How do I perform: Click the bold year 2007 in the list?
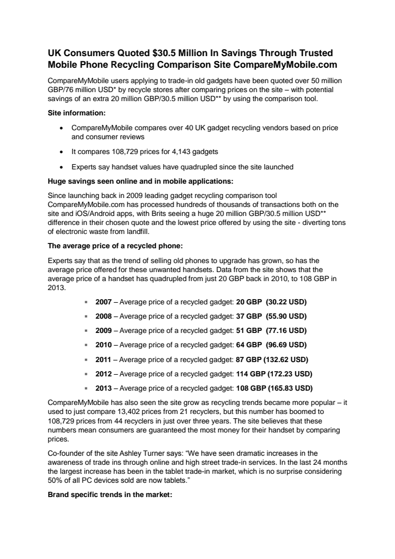103,302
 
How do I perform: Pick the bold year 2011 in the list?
103,359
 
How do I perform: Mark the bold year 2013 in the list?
103,387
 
